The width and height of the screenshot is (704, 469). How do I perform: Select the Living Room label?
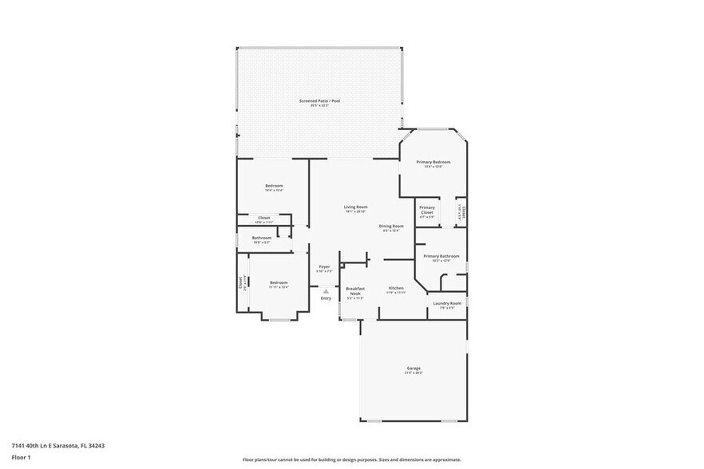coord(355,207)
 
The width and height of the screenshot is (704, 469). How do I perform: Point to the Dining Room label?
coord(391,227)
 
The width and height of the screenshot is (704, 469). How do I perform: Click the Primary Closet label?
coord(427,211)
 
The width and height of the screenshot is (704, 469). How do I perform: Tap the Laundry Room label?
coord(447,304)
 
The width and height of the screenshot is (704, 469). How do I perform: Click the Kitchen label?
coord(396,288)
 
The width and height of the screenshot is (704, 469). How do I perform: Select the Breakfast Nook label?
coord(355,290)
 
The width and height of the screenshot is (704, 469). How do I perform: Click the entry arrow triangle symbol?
coord(326,290)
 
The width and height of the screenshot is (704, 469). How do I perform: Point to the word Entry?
coord(326,298)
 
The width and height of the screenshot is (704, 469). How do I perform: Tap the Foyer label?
coord(324,267)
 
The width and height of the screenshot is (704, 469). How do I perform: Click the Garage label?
coord(413,368)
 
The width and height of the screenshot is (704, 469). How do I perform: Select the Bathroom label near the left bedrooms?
coord(262,238)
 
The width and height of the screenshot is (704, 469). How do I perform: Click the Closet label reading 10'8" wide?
coord(263,218)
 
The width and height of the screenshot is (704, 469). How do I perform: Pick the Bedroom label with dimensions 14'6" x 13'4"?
coord(274,187)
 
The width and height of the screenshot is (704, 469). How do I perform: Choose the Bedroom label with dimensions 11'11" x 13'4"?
coord(278,283)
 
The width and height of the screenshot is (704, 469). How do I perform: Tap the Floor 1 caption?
coord(21,458)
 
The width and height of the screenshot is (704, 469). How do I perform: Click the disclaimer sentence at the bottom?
coord(351,459)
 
